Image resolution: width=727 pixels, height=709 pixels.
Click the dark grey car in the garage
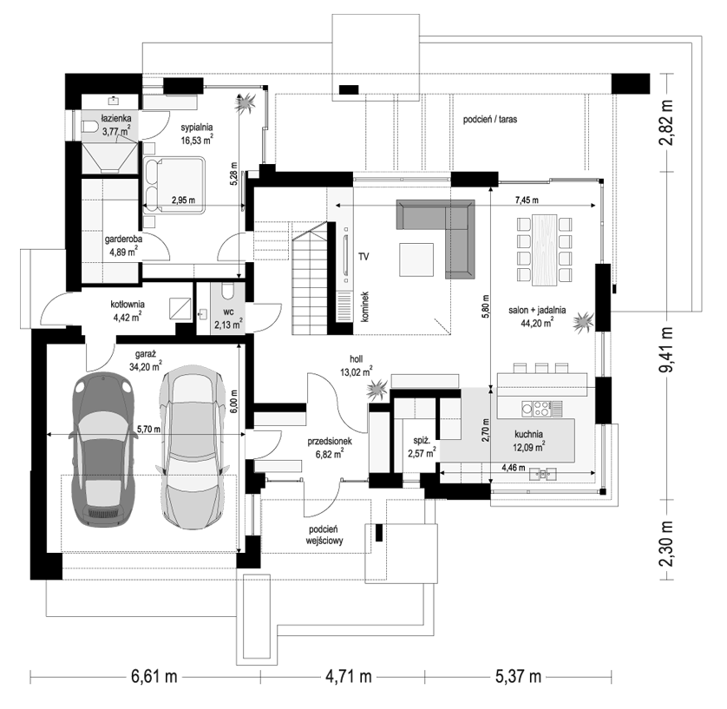coord(102,449)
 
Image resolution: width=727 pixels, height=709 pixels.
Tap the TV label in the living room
coord(363,256)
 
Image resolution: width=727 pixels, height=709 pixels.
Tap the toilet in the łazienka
coord(89,126)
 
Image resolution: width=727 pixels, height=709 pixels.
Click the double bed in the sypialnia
coord(174,186)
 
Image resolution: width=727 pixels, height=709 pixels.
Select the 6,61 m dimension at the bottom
coord(154,677)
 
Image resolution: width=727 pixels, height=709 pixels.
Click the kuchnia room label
coord(528,435)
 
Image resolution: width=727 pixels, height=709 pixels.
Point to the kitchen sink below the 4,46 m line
coord(543,474)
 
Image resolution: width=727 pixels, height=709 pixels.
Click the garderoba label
coord(123,240)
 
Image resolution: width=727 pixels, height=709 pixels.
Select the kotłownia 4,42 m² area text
coord(127,318)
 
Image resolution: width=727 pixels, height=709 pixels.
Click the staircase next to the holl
coord(310,278)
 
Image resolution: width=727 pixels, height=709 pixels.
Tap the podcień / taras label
coord(490,120)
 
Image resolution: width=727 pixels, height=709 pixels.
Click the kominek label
coord(364,307)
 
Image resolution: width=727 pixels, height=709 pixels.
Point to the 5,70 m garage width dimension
coord(147,430)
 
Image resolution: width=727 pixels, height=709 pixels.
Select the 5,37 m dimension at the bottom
coord(518,677)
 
